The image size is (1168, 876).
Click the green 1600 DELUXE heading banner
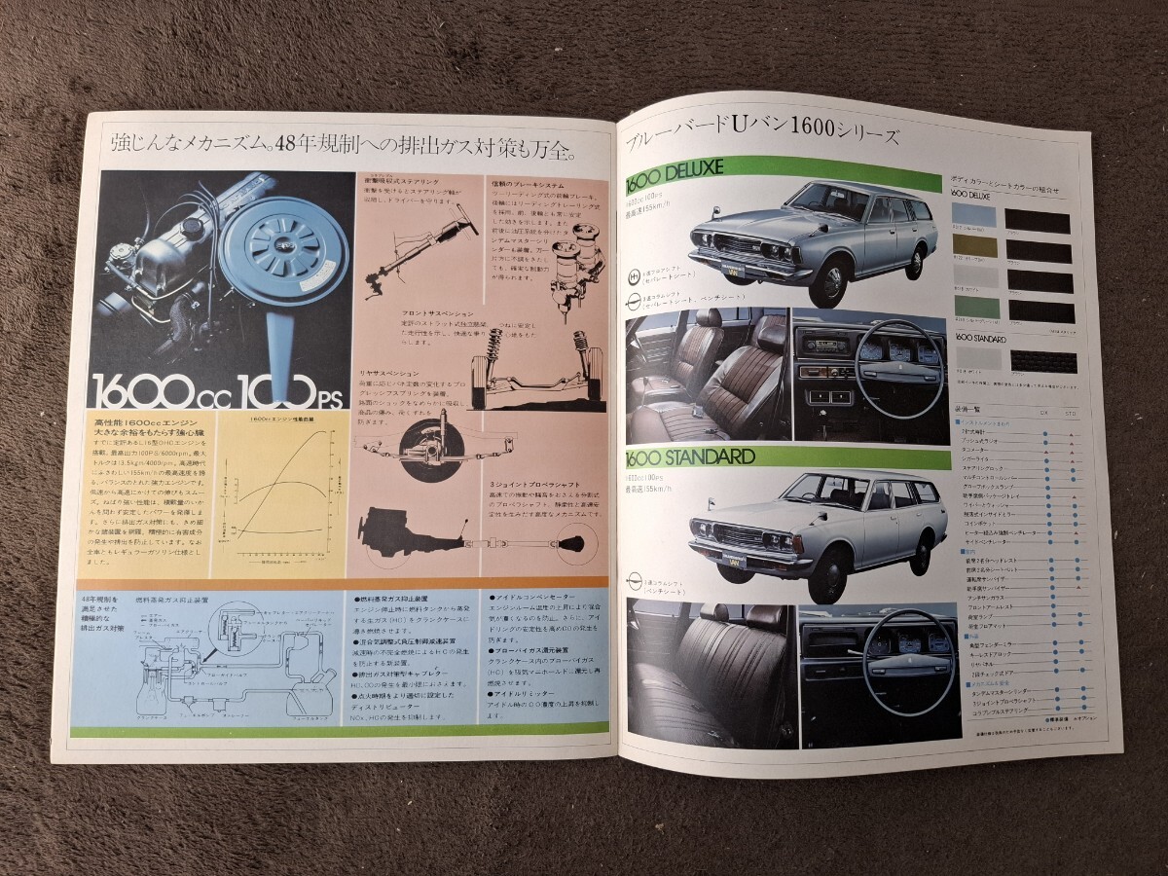click(779, 169)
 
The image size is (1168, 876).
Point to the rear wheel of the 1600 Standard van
click(920, 553)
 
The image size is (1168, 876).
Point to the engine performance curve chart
click(282, 487)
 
